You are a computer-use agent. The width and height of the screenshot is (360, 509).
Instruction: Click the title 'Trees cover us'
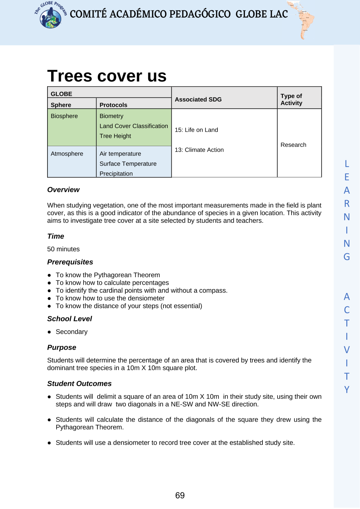pos(107,76)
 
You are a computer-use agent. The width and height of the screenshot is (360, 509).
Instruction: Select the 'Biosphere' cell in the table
pos(64,116)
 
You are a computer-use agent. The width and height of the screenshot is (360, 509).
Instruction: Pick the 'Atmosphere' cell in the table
pos(67,154)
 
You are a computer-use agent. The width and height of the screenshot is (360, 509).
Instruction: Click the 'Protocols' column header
pos(113,105)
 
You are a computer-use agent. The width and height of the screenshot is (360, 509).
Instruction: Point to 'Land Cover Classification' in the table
pos(134,126)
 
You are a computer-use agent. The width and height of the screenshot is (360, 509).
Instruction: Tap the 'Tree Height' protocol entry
pos(115,136)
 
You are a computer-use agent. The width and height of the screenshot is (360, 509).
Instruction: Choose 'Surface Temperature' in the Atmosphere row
pos(128,164)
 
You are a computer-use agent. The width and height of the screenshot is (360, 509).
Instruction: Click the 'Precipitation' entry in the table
pos(116,174)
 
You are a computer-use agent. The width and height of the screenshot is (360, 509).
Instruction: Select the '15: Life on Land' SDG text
pos(196,130)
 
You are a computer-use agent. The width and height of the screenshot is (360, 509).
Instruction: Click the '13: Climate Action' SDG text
pos(199,150)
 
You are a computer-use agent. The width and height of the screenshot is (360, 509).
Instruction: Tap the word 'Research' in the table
pos(293,145)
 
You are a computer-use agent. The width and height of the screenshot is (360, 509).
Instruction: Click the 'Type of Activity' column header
pos(292,99)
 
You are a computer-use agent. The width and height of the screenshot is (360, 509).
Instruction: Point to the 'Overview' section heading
pos(63,190)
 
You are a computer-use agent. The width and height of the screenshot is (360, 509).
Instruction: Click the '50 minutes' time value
pos(63,249)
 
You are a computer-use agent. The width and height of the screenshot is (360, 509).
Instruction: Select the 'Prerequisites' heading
pos(70,262)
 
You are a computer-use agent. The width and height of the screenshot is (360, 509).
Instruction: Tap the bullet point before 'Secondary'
pos(49,332)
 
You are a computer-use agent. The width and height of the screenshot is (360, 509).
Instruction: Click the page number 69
pos(180,496)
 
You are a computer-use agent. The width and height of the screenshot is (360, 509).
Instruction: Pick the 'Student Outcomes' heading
pos(79,384)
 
